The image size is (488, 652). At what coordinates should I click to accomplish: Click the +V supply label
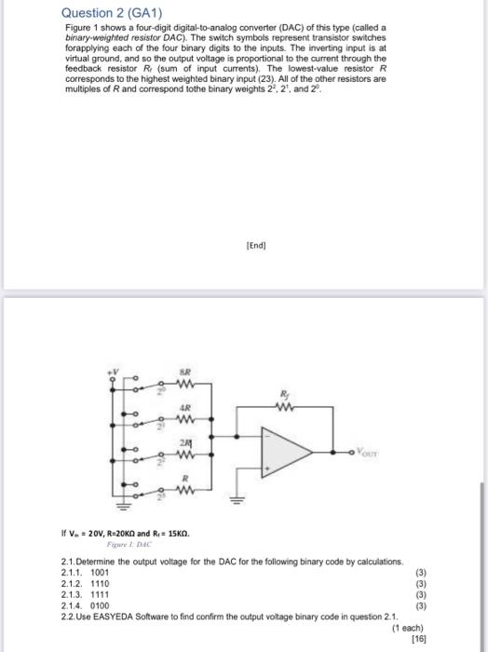coord(117,371)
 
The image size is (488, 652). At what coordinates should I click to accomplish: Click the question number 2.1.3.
coord(71,595)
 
